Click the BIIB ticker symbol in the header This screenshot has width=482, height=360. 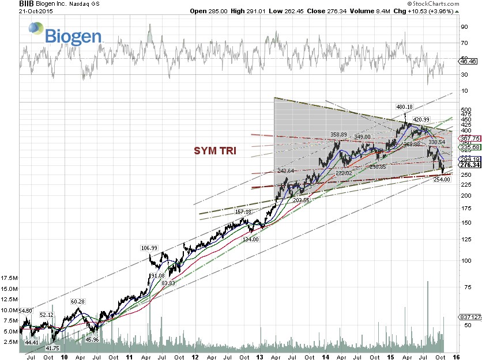pyautogui.click(x=10, y=3)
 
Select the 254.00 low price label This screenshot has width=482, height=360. pyautogui.click(x=441, y=179)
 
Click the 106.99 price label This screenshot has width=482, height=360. pyautogui.click(x=149, y=248)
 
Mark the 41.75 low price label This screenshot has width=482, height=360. pyautogui.click(x=52, y=348)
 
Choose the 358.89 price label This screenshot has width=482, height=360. pyautogui.click(x=338, y=134)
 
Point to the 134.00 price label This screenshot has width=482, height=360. pyautogui.click(x=250, y=239)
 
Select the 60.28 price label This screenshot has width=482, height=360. pyautogui.click(x=78, y=302)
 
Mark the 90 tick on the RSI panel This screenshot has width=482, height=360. pyautogui.click(x=464, y=26)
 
